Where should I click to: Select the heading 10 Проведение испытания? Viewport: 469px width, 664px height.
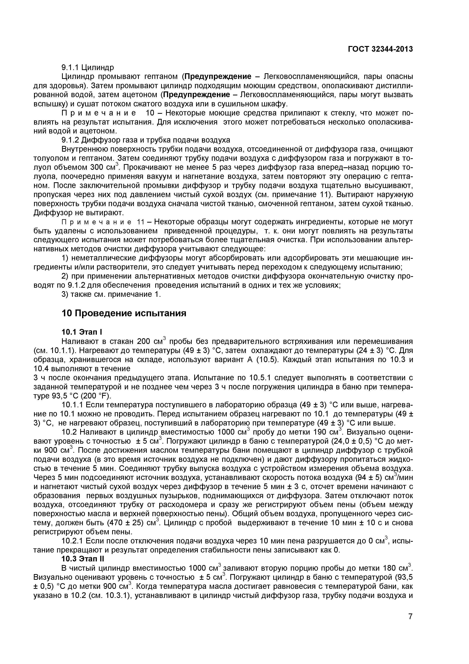[124, 313]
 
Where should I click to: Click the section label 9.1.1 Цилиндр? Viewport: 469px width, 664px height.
[88, 67]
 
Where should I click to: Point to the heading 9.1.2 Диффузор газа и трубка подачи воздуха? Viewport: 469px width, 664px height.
[146, 140]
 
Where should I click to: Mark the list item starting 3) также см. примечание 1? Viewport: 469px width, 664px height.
[111, 294]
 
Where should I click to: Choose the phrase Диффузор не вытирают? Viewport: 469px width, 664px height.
[75, 213]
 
